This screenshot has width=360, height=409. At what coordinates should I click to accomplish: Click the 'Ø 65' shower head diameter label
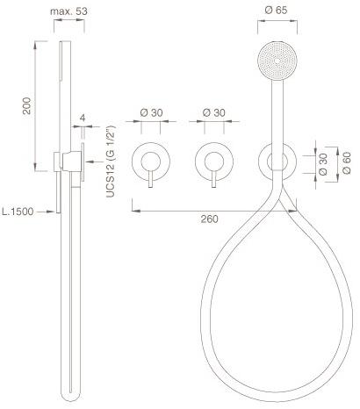tap(274, 11)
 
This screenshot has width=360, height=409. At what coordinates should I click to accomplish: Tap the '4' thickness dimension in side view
tap(83, 117)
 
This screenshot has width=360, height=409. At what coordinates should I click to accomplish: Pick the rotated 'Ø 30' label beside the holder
tap(324, 163)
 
